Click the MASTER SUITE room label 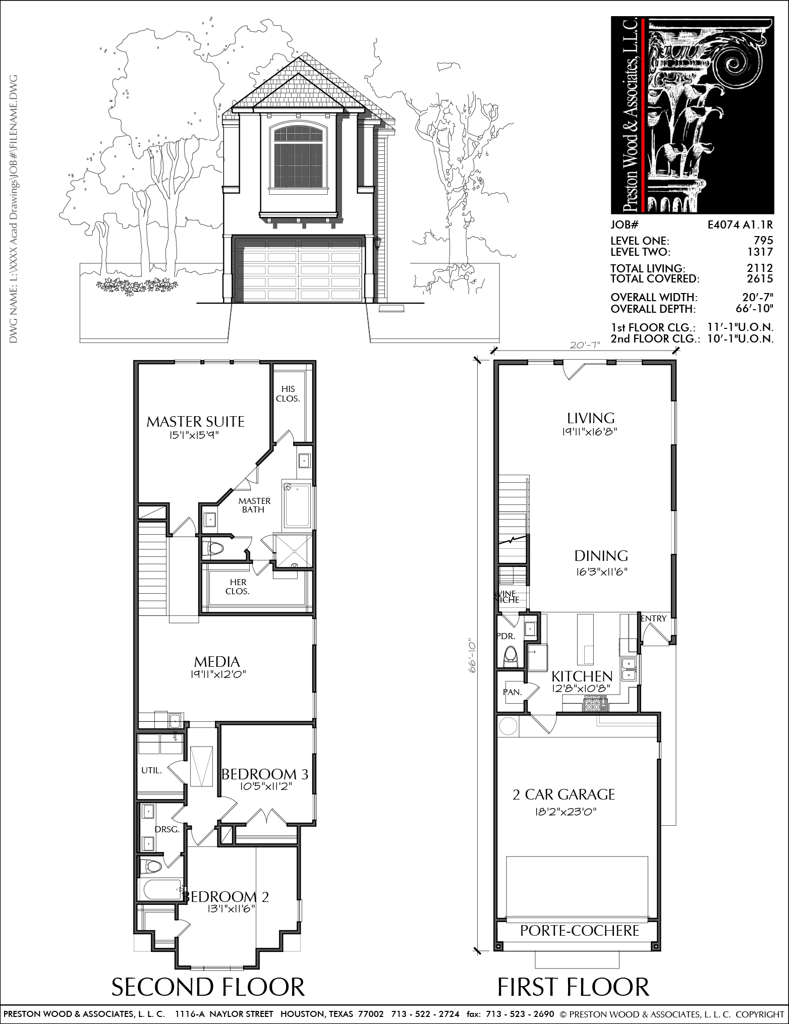[195, 421]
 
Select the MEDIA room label [217, 661]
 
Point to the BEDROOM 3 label [265, 773]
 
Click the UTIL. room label [151, 770]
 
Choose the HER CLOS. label [237, 587]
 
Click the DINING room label [601, 555]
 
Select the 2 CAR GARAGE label [563, 794]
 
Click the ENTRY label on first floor [654, 618]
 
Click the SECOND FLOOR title [208, 987]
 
